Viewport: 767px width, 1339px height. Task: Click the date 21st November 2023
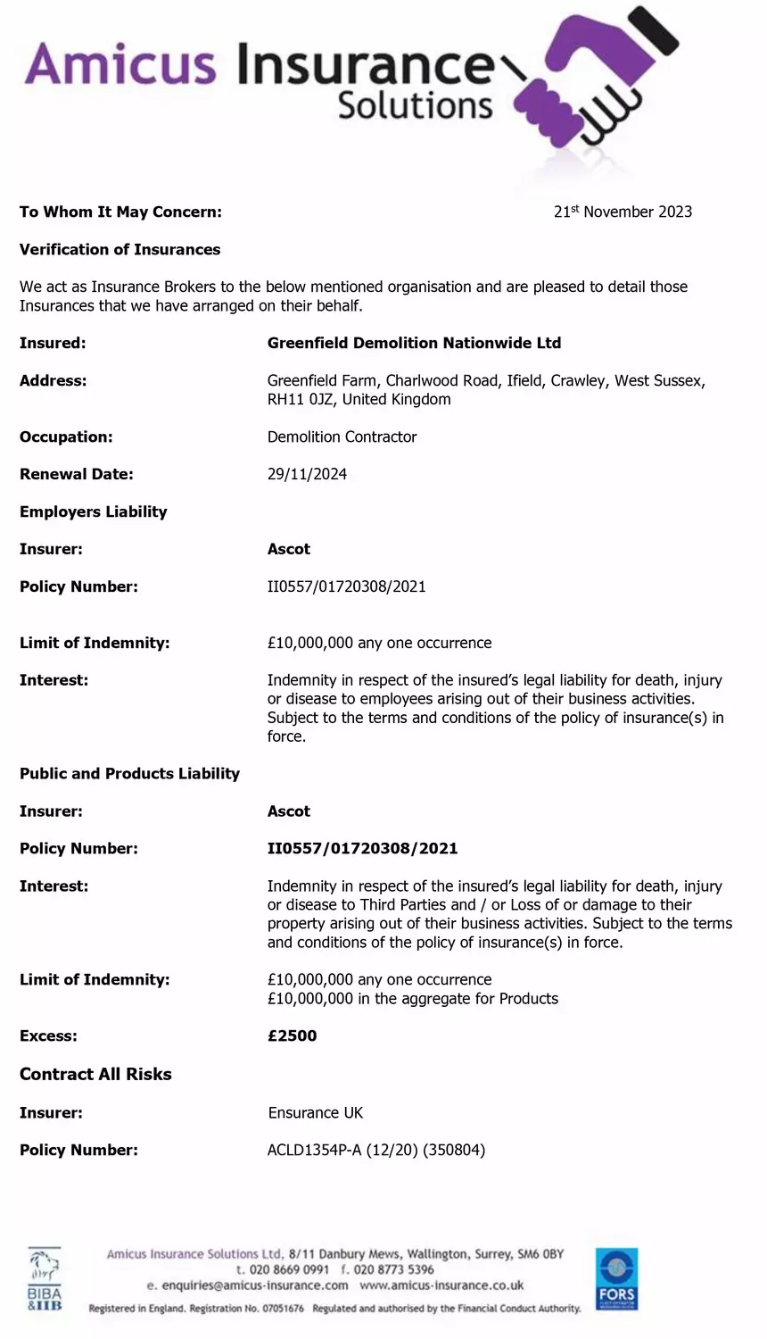[x=623, y=212]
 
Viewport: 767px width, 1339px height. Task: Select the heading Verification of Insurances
[x=120, y=249]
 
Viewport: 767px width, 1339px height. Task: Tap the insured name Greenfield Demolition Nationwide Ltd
[x=414, y=343]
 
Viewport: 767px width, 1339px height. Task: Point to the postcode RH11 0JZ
[x=301, y=399]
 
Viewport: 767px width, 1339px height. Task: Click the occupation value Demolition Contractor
[x=342, y=437]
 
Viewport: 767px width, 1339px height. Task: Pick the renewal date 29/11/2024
[x=307, y=474]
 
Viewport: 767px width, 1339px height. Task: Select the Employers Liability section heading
[x=93, y=511]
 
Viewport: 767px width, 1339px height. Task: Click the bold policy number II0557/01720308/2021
[x=362, y=848]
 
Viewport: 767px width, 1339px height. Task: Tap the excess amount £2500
[x=292, y=1035]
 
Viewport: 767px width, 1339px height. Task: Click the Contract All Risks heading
[x=95, y=1074]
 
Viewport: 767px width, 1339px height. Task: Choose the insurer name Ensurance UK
[x=315, y=1112]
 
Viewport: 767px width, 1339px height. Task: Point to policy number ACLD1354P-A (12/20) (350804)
[x=375, y=1150]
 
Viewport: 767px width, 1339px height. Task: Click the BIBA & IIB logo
[x=45, y=1280]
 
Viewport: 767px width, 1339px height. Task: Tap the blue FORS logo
[x=616, y=1278]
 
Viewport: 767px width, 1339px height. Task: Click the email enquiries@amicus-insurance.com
[x=247, y=1285]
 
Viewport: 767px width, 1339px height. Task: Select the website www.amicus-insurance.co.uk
[x=441, y=1285]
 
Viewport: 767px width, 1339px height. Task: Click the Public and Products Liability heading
[x=129, y=773]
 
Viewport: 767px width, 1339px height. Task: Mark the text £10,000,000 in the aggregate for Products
[x=412, y=998]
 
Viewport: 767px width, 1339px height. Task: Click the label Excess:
[x=48, y=1035]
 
